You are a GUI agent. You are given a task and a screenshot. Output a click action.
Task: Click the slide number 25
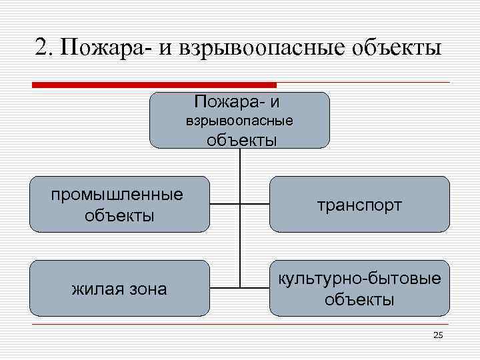tap(437, 335)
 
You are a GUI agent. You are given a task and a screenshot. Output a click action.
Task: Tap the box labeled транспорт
tap(359, 204)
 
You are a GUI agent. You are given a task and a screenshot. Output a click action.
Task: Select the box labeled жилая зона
tap(119, 288)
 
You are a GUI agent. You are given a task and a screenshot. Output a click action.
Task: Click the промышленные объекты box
tap(119, 204)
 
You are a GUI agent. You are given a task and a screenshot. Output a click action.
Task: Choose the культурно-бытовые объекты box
tap(359, 288)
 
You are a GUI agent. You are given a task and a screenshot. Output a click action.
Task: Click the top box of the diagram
tap(239, 120)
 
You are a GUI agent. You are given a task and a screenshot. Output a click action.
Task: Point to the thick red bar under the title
tap(154, 85)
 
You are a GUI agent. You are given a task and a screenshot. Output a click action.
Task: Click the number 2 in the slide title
tap(41, 48)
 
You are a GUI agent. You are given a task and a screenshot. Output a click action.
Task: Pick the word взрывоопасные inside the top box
tap(239, 121)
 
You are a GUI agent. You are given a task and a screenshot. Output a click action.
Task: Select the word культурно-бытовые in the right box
tap(359, 278)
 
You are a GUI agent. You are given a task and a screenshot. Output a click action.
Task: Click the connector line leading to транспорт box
tap(255, 203)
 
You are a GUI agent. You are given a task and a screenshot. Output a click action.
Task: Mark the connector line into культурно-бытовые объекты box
tap(255, 288)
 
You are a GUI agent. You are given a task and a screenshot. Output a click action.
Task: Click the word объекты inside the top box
tap(242, 140)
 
